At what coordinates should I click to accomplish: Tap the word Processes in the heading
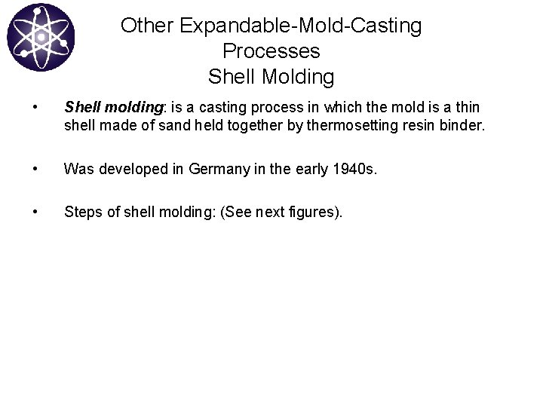[x=271, y=51]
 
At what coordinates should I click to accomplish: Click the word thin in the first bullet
[x=466, y=108]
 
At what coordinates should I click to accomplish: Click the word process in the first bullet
[x=290, y=108]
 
